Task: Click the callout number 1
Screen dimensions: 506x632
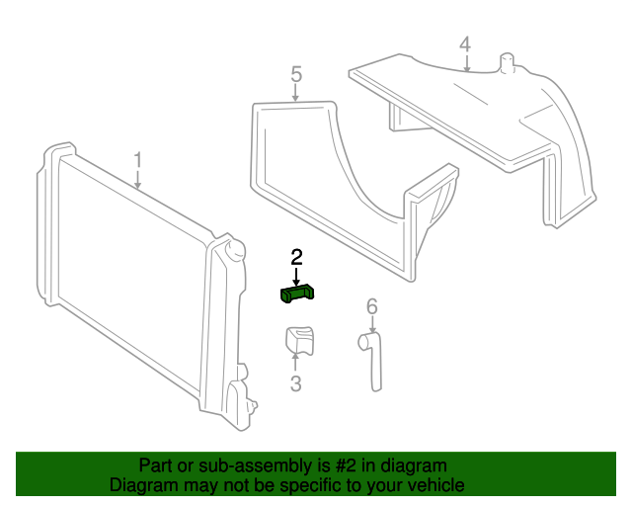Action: (x=138, y=159)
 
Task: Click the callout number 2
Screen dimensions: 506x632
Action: (x=296, y=257)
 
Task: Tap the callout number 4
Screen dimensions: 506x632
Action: (x=465, y=44)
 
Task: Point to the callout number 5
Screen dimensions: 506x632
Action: (x=295, y=74)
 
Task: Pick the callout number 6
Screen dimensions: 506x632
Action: (x=371, y=306)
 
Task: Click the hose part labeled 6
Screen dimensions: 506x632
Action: (x=373, y=361)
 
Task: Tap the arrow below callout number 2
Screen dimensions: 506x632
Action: (x=296, y=275)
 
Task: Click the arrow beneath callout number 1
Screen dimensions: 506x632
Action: (x=138, y=179)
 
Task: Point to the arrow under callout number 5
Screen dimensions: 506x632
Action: (x=295, y=93)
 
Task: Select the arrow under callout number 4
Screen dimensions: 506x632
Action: (x=465, y=63)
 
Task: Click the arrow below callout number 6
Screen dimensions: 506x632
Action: (x=371, y=324)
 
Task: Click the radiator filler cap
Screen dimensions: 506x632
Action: (x=234, y=249)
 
